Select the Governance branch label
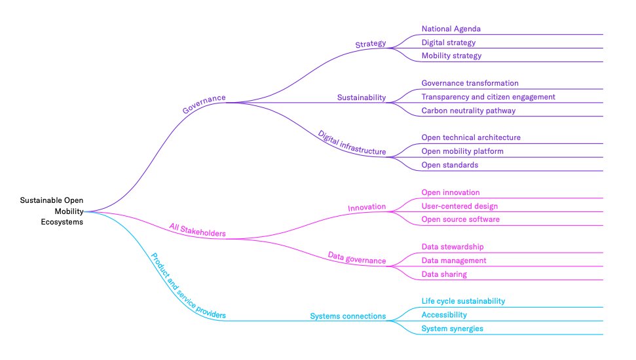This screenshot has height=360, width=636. coord(204,104)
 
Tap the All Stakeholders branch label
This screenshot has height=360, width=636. coord(197,230)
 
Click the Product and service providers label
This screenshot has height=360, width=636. coord(188,286)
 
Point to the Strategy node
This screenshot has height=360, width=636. coord(371,45)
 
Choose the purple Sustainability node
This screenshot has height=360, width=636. coord(362,98)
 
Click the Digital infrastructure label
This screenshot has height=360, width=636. coord(352,143)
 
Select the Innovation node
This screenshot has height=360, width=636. coord(367,207)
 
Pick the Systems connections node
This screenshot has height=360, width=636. coord(348,316)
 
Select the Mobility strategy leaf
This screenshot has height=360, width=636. coord(451,56)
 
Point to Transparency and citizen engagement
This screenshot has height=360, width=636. coord(488,97)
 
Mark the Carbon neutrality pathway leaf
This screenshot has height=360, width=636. coord(468,111)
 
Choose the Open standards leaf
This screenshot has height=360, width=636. coord(449,165)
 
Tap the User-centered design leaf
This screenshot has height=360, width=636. coord(459,206)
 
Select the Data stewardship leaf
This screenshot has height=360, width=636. coord(453,247)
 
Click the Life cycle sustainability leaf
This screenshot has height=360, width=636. coord(463,301)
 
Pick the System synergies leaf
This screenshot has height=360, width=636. coord(452,329)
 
